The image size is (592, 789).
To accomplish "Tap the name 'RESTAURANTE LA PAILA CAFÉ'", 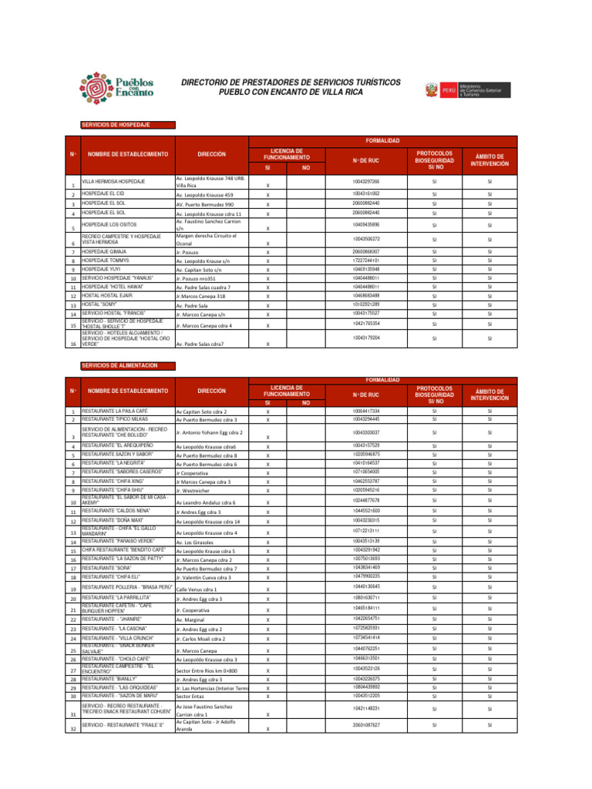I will [115, 411].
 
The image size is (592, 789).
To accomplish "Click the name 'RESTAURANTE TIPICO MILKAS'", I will [115, 419].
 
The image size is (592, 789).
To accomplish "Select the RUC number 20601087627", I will [365, 724].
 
